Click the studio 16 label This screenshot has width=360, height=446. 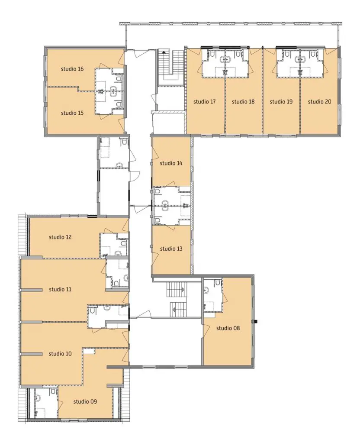(72, 69)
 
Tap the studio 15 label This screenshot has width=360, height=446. (72, 113)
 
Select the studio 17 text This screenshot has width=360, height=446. (204, 102)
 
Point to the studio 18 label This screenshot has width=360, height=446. (243, 102)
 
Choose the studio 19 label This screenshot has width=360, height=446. (281, 102)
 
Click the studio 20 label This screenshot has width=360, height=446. (319, 102)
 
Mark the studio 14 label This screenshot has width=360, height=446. (171, 163)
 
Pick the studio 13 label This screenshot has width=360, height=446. (171, 249)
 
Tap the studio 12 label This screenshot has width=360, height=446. (60, 237)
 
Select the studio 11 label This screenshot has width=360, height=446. (60, 289)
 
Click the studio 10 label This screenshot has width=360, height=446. (60, 354)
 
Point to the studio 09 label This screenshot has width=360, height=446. (85, 401)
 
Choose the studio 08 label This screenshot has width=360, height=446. (228, 328)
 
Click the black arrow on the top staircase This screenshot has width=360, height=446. (164, 52)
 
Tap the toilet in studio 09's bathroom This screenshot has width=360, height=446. (53, 392)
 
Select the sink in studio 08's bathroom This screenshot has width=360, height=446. (206, 291)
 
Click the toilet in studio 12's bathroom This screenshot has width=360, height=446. (123, 243)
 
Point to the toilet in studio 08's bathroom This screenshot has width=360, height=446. (218, 282)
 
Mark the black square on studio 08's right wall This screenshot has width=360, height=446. (256, 322)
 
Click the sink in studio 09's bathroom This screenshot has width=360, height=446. (38, 398)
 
